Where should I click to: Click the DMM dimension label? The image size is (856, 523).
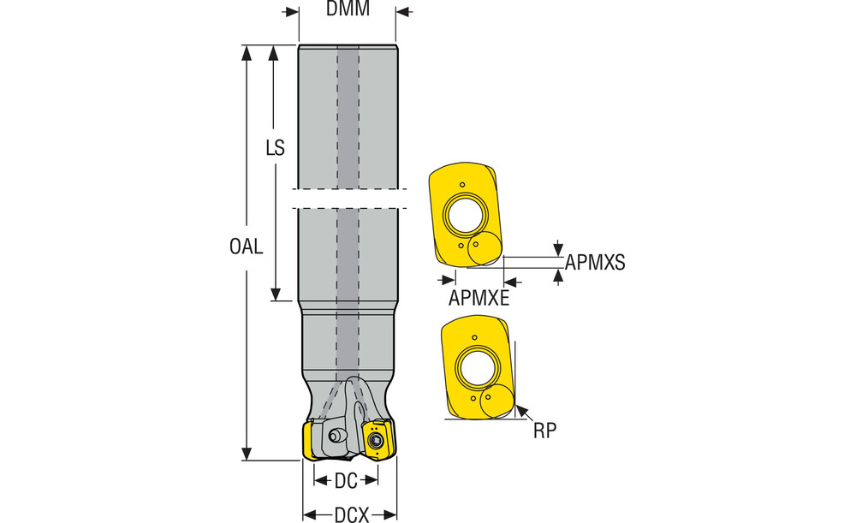pos(348,10)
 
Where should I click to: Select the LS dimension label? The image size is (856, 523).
pos(275,148)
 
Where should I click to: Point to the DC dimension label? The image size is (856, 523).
pos(346,482)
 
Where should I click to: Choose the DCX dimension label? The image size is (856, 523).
pos(351,514)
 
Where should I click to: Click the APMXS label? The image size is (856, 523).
pos(596,264)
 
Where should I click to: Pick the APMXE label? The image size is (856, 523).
pos(479,298)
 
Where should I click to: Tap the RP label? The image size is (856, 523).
pos(545,431)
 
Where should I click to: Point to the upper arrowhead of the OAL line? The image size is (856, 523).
pos(247,51)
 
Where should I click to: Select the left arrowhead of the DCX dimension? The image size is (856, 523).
pos(309,515)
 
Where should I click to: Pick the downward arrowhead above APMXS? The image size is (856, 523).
pos(558,249)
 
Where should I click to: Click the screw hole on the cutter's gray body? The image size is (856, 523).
pos(336,437)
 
